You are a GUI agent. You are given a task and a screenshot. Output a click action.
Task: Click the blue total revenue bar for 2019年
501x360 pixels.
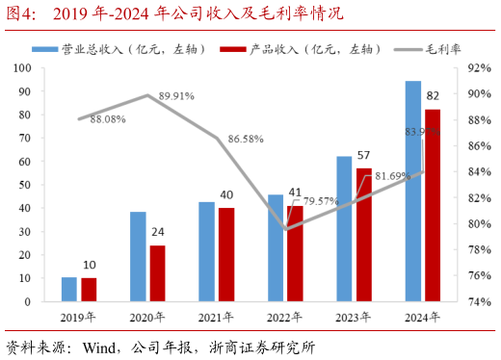(x=69, y=289)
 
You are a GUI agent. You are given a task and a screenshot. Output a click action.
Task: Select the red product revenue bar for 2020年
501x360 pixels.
(x=157, y=273)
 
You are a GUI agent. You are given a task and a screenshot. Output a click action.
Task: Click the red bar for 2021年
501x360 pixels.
(x=225, y=254)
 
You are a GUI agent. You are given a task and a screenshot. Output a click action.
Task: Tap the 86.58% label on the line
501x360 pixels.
(x=246, y=140)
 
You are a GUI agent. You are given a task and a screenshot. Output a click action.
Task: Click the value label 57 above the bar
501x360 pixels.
(x=363, y=154)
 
